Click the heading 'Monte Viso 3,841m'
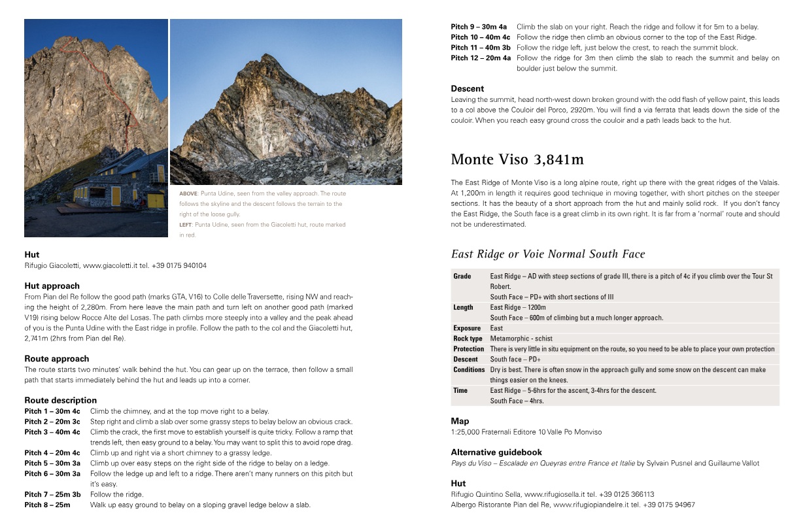coord(517,159)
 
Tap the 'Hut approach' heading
coord(52,286)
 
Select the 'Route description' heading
coord(60,400)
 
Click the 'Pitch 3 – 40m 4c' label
coord(52,432)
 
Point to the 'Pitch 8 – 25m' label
coord(47,505)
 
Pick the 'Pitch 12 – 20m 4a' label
coord(481,58)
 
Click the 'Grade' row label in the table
coord(462,276)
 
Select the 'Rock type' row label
coord(468,339)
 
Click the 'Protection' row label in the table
coord(469,349)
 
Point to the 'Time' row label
coord(460,390)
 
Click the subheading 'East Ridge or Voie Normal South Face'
coord(548,254)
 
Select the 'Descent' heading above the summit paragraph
coord(468,88)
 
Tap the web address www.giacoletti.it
coord(108,265)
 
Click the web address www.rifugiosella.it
coord(554,495)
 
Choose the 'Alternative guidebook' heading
coord(496,452)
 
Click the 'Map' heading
coord(460,421)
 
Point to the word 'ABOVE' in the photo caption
coord(188,193)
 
